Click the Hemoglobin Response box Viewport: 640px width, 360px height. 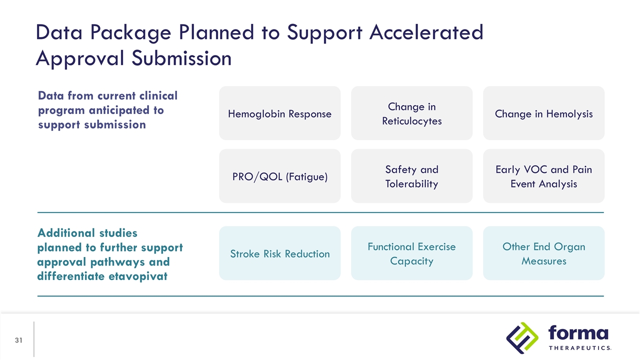click(x=279, y=113)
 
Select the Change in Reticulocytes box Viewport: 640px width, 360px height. click(x=411, y=113)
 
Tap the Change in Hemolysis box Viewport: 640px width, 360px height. click(x=543, y=113)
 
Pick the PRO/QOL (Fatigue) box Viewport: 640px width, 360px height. click(x=279, y=176)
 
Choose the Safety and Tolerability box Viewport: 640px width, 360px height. click(x=411, y=176)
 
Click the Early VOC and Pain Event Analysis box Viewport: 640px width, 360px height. click(x=543, y=176)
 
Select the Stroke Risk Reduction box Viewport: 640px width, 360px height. click(x=279, y=253)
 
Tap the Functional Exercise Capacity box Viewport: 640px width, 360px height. click(x=411, y=253)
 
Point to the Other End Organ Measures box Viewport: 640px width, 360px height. click(x=543, y=253)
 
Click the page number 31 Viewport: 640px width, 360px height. click(x=18, y=340)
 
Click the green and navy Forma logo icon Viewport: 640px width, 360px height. click(x=522, y=338)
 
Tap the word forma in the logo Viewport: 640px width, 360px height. click(x=578, y=333)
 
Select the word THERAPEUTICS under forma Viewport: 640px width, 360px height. click(x=580, y=348)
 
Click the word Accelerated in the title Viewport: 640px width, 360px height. click(x=426, y=32)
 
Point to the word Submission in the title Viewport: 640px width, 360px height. click(x=181, y=58)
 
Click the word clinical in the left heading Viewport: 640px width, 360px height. click(x=158, y=95)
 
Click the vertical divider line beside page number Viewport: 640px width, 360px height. click(x=33, y=339)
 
